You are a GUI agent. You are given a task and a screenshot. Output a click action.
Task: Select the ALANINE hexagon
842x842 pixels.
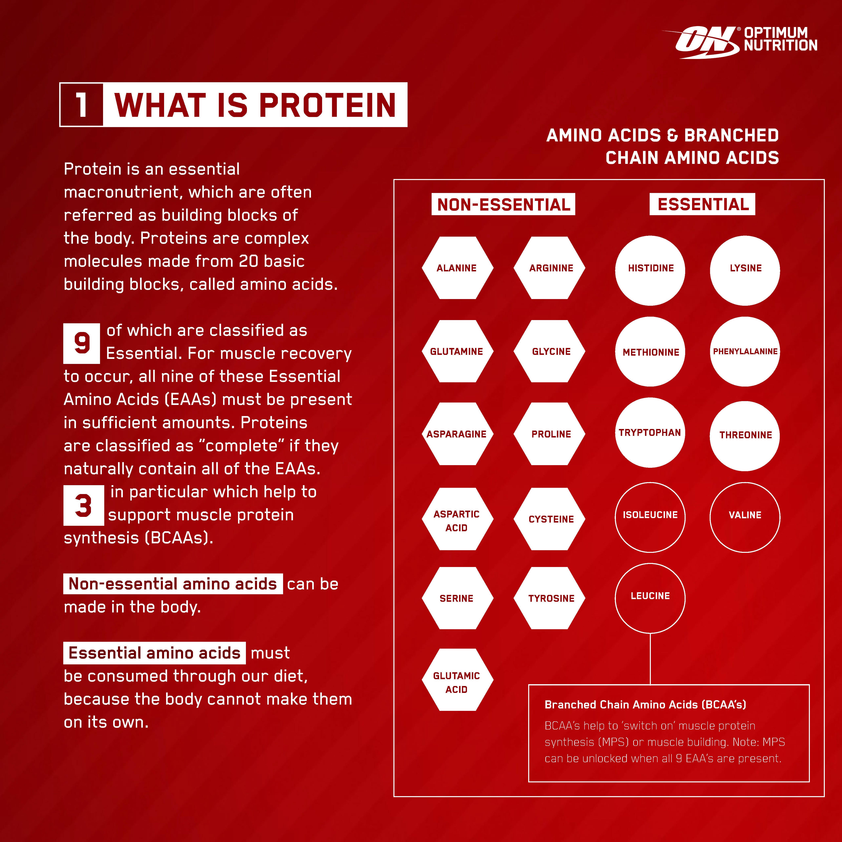tap(457, 268)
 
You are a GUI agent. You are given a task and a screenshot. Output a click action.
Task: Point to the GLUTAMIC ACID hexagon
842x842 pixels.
tap(457, 683)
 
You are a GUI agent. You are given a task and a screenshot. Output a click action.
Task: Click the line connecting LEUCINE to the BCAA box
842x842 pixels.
tap(650, 659)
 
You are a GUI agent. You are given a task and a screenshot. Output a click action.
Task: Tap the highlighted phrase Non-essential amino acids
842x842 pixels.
tap(173, 584)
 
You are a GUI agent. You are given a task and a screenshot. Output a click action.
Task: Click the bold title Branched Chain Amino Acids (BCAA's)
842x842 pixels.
tap(645, 705)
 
